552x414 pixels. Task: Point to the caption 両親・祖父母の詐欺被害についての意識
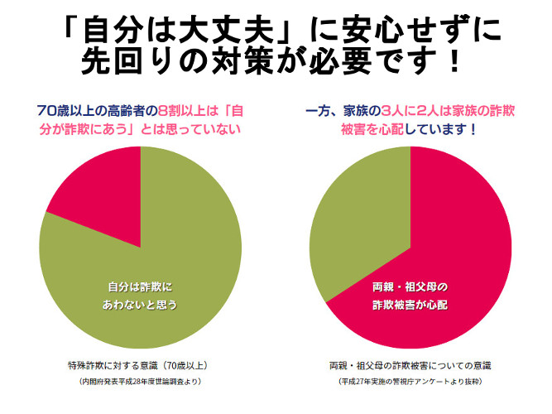coord(410,364)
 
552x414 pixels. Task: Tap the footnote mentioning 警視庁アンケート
coord(410,382)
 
